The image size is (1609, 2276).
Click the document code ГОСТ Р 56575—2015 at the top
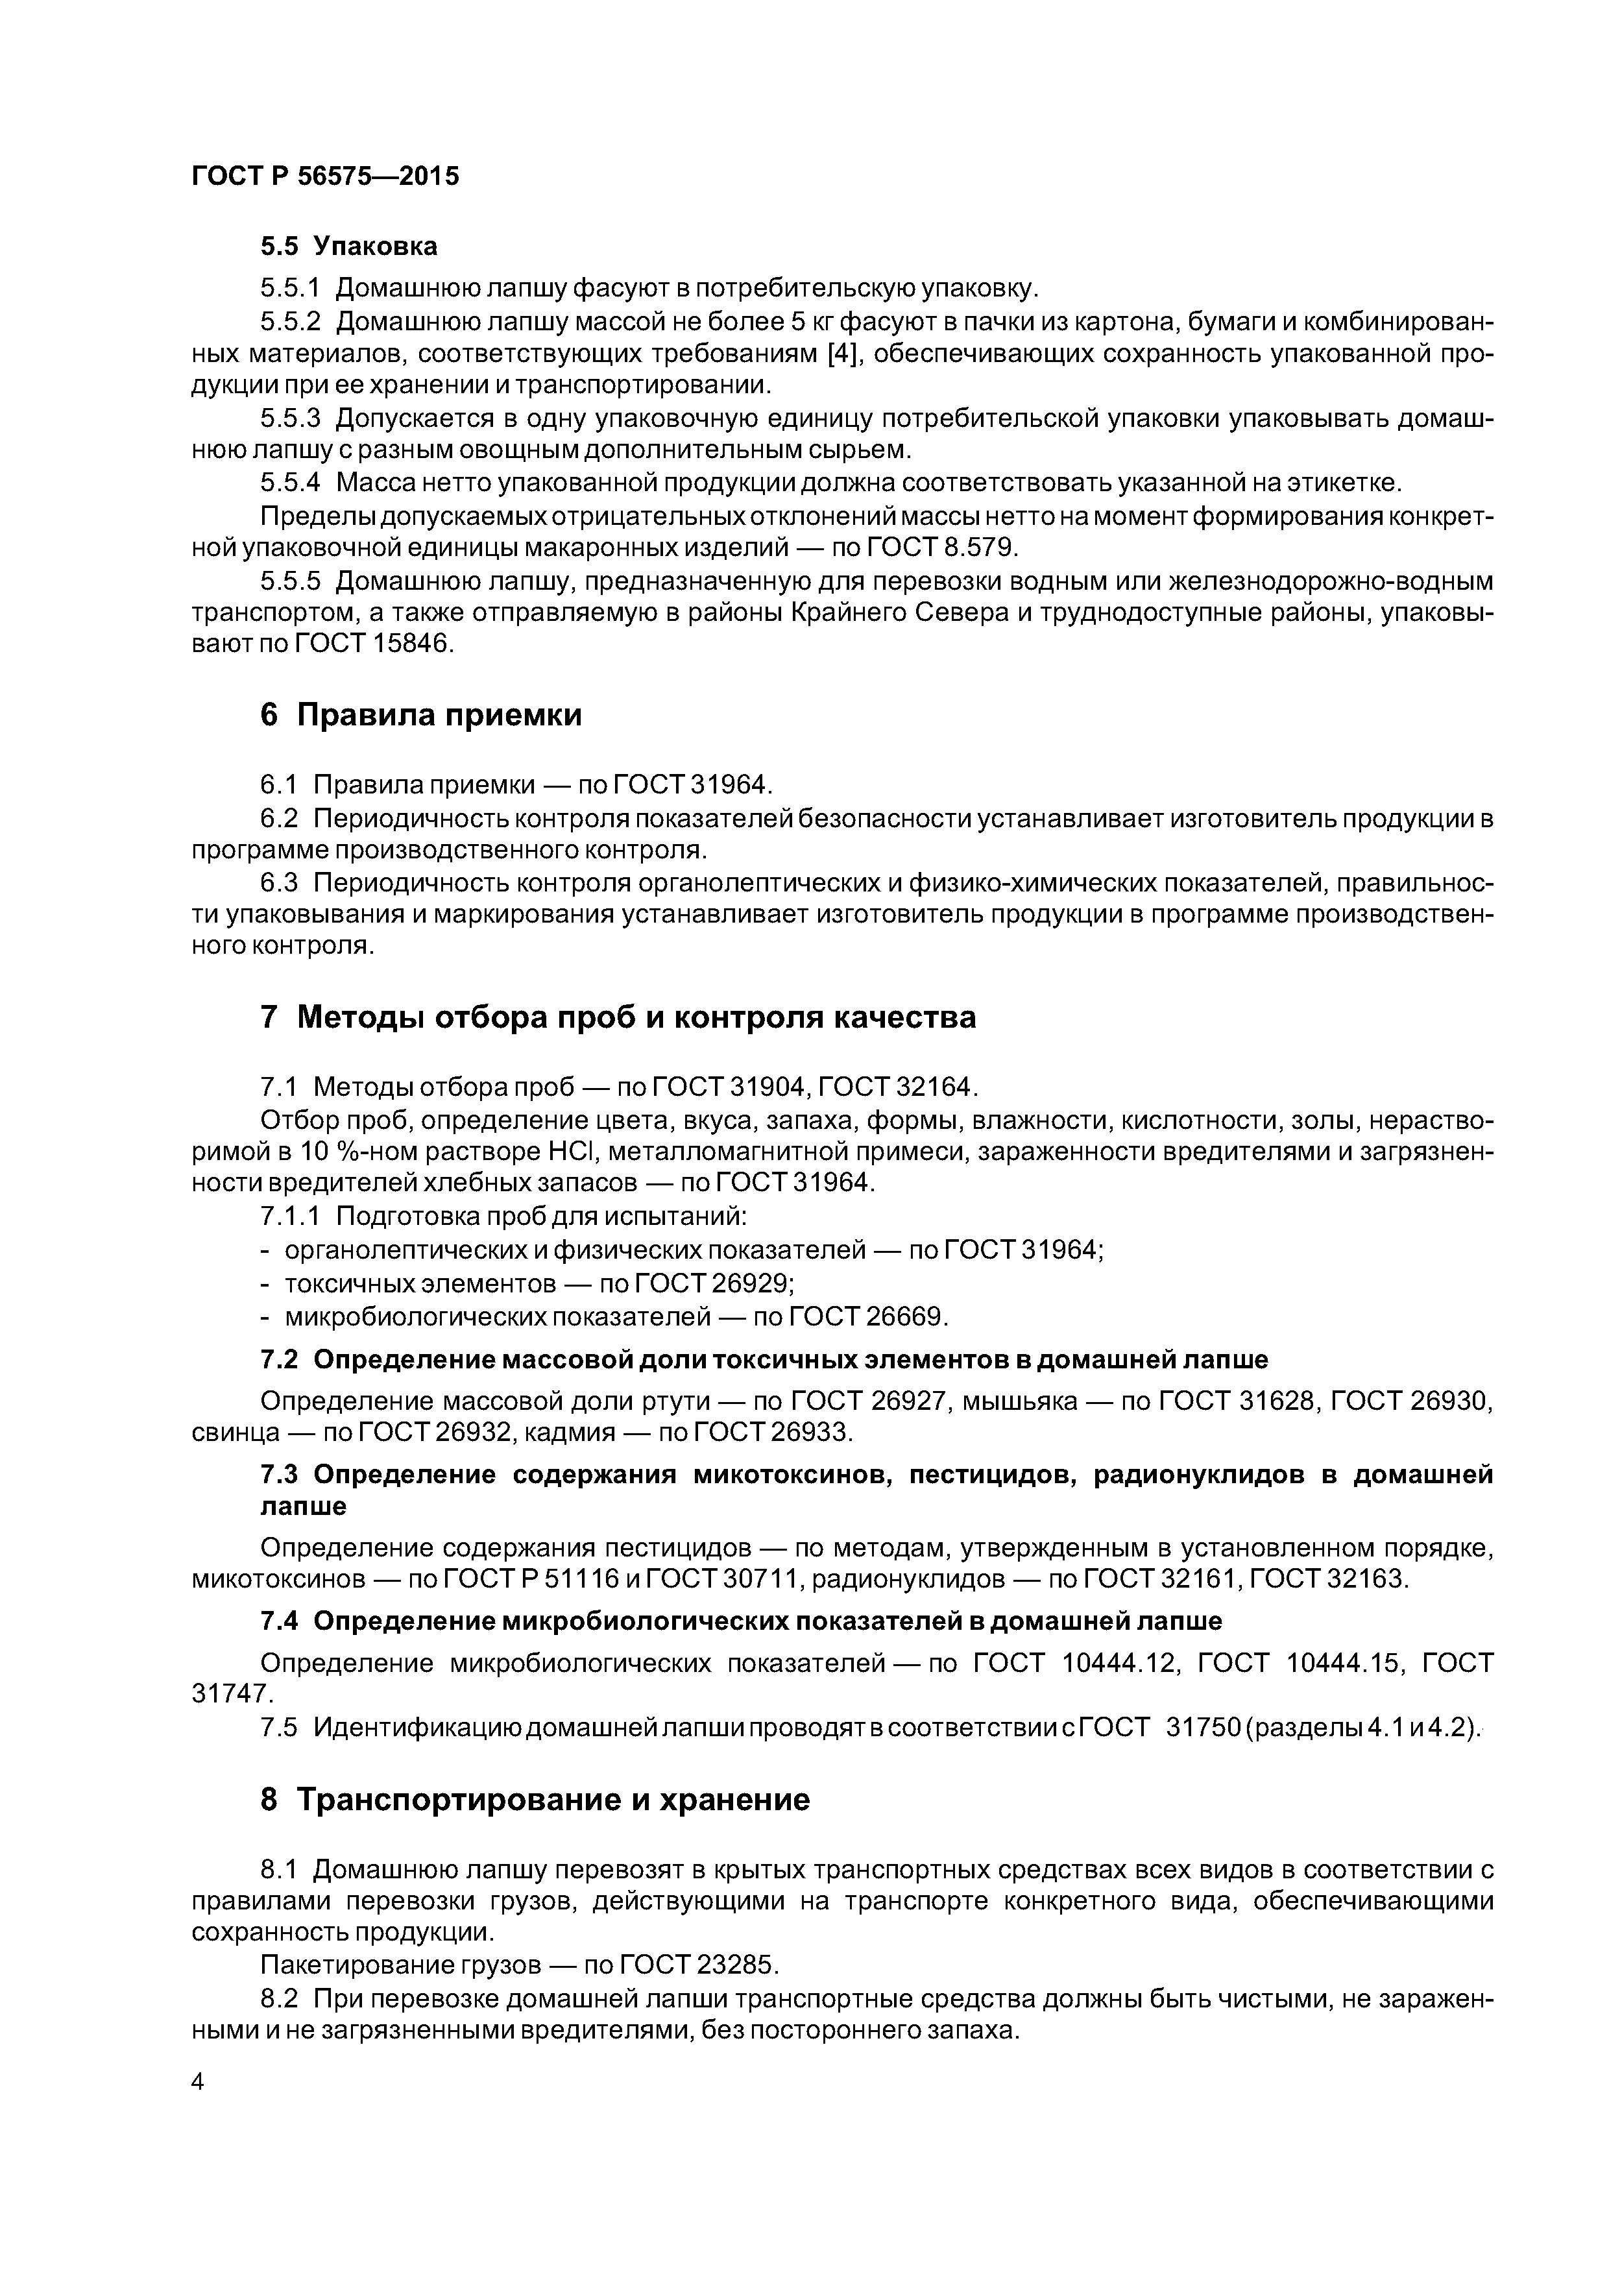(325, 176)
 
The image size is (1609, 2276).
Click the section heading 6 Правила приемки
(420, 715)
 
